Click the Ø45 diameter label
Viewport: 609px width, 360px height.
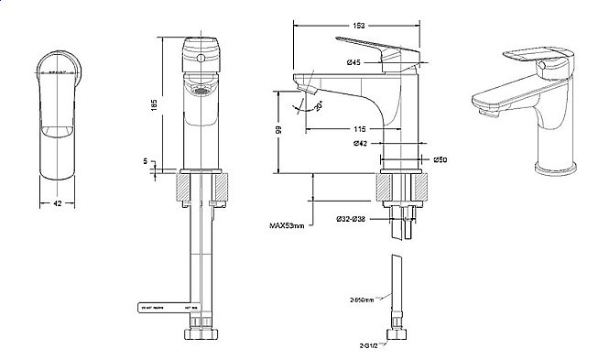[x=355, y=61]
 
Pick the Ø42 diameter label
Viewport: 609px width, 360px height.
[x=361, y=144]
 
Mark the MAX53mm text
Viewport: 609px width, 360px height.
[x=288, y=223]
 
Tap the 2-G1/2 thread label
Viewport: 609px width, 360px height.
[x=368, y=346]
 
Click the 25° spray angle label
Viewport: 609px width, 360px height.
[x=317, y=107]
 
